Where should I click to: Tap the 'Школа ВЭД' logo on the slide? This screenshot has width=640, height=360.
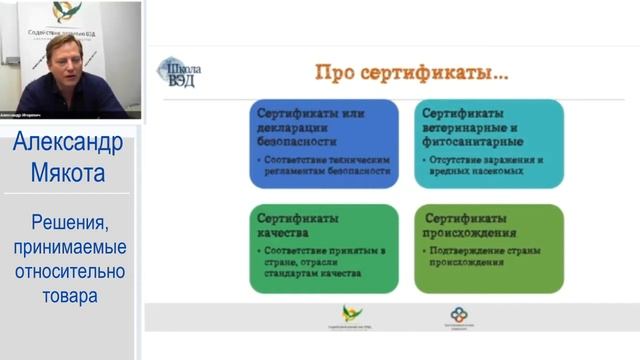point(180,73)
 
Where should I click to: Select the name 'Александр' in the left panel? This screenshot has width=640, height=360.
point(69,143)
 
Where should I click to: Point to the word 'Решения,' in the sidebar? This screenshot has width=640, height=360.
point(69,221)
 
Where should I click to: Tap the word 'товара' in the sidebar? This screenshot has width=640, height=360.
point(69,296)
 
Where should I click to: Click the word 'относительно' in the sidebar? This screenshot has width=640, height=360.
point(69,271)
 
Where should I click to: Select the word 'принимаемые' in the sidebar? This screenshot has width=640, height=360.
point(69,246)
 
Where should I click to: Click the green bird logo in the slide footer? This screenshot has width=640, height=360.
point(352,313)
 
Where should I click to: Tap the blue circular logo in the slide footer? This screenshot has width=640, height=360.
point(458,314)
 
